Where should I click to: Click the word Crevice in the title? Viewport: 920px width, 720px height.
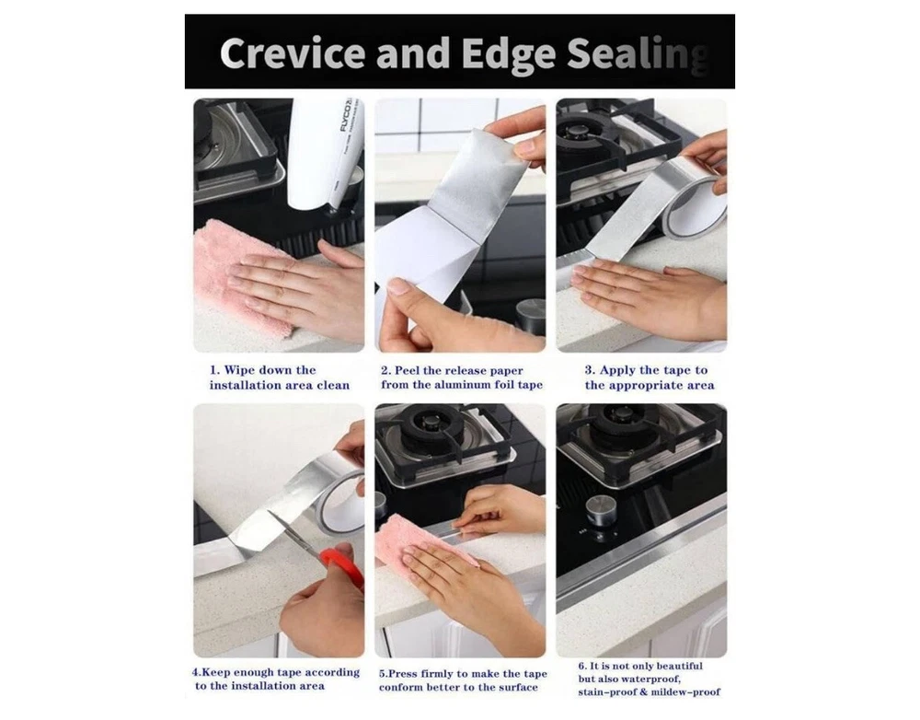tap(293, 52)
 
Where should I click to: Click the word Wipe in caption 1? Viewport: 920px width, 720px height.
tap(240, 370)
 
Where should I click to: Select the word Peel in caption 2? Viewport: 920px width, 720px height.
tap(407, 370)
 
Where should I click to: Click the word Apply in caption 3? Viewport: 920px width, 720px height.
tap(618, 370)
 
